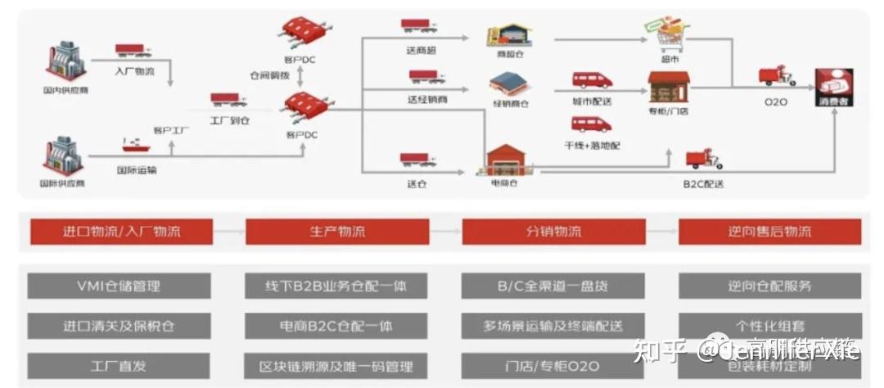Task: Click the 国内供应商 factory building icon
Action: (x=64, y=61)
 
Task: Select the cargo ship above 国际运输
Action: (x=135, y=145)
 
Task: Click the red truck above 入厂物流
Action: (x=133, y=51)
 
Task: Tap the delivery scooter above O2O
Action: (x=776, y=78)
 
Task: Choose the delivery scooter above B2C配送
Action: (x=703, y=160)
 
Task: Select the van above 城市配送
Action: (x=591, y=80)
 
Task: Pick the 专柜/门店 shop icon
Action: (x=669, y=85)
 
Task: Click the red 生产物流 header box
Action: (x=336, y=232)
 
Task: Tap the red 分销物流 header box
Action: (x=553, y=232)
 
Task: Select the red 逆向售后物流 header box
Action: (x=769, y=232)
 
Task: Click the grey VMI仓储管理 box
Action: (x=119, y=286)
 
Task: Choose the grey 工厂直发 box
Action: (x=119, y=365)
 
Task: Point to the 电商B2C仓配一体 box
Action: (x=336, y=326)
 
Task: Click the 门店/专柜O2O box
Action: (x=553, y=365)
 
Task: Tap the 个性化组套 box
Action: (x=769, y=326)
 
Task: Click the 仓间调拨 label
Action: (x=270, y=74)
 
